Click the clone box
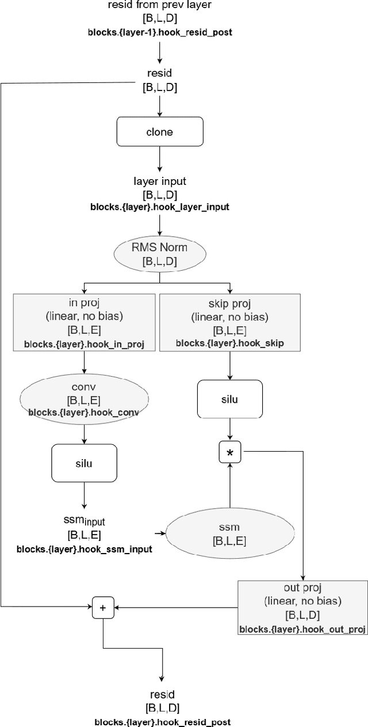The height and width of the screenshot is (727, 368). click(159, 132)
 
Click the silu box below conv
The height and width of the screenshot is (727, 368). click(84, 463)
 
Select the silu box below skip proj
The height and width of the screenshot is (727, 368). click(229, 398)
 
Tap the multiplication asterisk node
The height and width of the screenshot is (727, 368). click(230, 453)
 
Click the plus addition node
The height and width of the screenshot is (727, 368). click(103, 607)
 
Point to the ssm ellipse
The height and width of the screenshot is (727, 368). click(229, 533)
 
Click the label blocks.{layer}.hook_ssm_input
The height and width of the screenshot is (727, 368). click(84, 550)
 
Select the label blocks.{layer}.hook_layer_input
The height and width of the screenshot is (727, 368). click(160, 206)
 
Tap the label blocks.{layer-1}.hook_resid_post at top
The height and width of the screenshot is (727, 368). click(159, 32)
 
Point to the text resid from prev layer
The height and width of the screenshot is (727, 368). click(159, 6)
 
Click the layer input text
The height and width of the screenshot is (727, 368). click(159, 181)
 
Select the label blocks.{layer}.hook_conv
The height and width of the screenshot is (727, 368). click(84, 413)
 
